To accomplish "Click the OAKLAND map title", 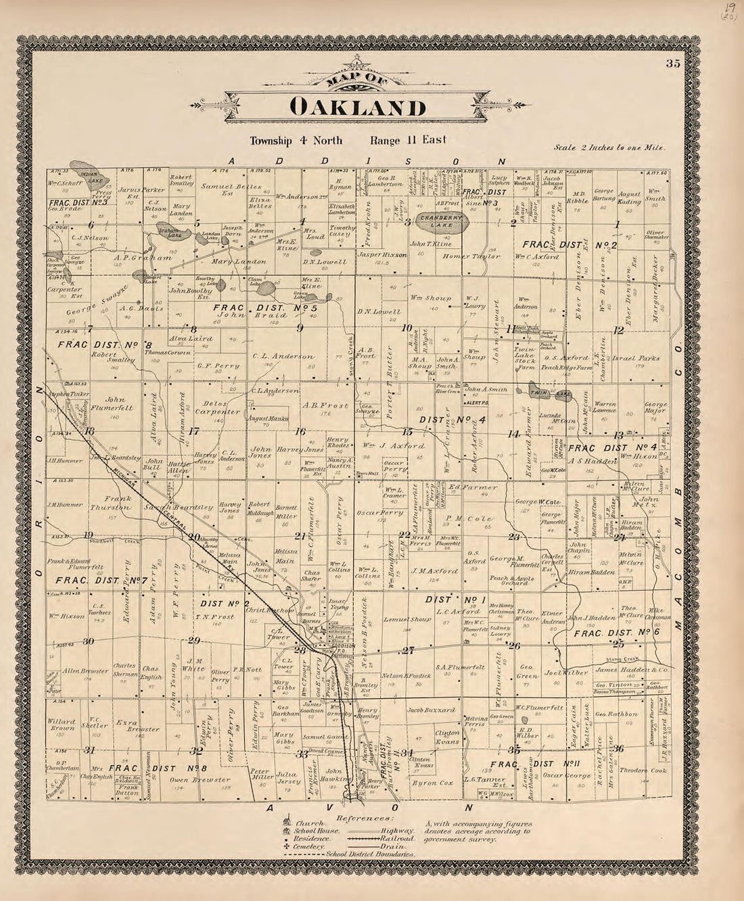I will [358, 107].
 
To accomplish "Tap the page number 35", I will [672, 64].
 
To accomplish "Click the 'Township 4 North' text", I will [296, 141].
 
